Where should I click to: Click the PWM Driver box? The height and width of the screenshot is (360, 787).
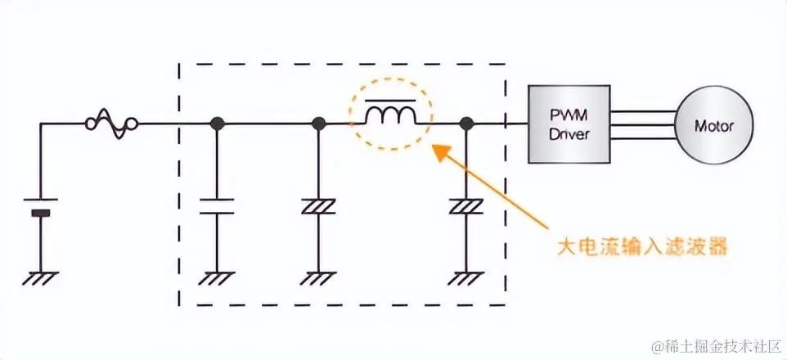coord(569,124)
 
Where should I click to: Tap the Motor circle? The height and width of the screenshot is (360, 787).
coord(713,126)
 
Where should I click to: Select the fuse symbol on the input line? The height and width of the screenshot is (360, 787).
coord(111,124)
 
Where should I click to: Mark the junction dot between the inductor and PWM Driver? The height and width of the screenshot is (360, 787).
coord(466,124)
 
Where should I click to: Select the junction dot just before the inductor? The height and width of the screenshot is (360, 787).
coord(319,124)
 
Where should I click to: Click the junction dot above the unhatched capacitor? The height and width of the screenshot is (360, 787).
coord(218,124)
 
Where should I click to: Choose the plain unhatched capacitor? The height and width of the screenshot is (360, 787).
coord(218,205)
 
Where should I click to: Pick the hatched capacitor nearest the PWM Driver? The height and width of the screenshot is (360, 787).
coord(466,205)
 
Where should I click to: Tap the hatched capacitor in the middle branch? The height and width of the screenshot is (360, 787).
coord(319,205)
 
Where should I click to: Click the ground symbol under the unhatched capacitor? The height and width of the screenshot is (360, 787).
coord(218,278)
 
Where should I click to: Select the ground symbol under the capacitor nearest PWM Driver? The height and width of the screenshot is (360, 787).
coord(466,278)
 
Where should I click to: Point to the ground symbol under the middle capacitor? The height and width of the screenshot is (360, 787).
coord(319,278)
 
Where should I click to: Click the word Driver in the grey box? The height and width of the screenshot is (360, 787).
coord(569,134)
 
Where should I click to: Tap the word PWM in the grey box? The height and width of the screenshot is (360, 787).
coord(569,115)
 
